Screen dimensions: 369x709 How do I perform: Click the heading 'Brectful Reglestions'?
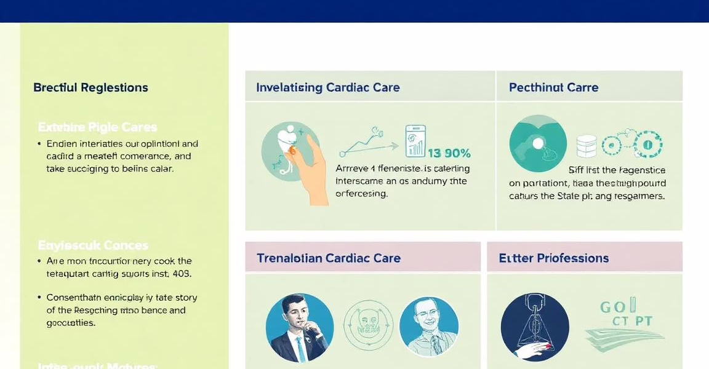pyautogui.click(x=90, y=87)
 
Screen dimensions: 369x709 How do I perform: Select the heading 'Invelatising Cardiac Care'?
pyautogui.click(x=327, y=87)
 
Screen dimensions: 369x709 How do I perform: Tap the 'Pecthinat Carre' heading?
pyautogui.click(x=553, y=87)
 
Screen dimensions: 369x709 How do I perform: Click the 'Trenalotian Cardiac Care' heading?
pyautogui.click(x=328, y=258)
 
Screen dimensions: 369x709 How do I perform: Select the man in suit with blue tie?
pyautogui.click(x=300, y=328)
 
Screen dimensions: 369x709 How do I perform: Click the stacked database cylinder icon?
pyautogui.click(x=586, y=146)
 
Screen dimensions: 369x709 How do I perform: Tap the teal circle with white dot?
pyautogui.click(x=538, y=143)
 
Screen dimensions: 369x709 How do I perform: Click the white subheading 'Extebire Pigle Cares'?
pyautogui.click(x=97, y=127)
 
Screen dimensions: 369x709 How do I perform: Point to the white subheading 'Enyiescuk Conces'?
pyautogui.click(x=92, y=245)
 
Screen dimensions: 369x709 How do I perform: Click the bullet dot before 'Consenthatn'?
pyautogui.click(x=39, y=298)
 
